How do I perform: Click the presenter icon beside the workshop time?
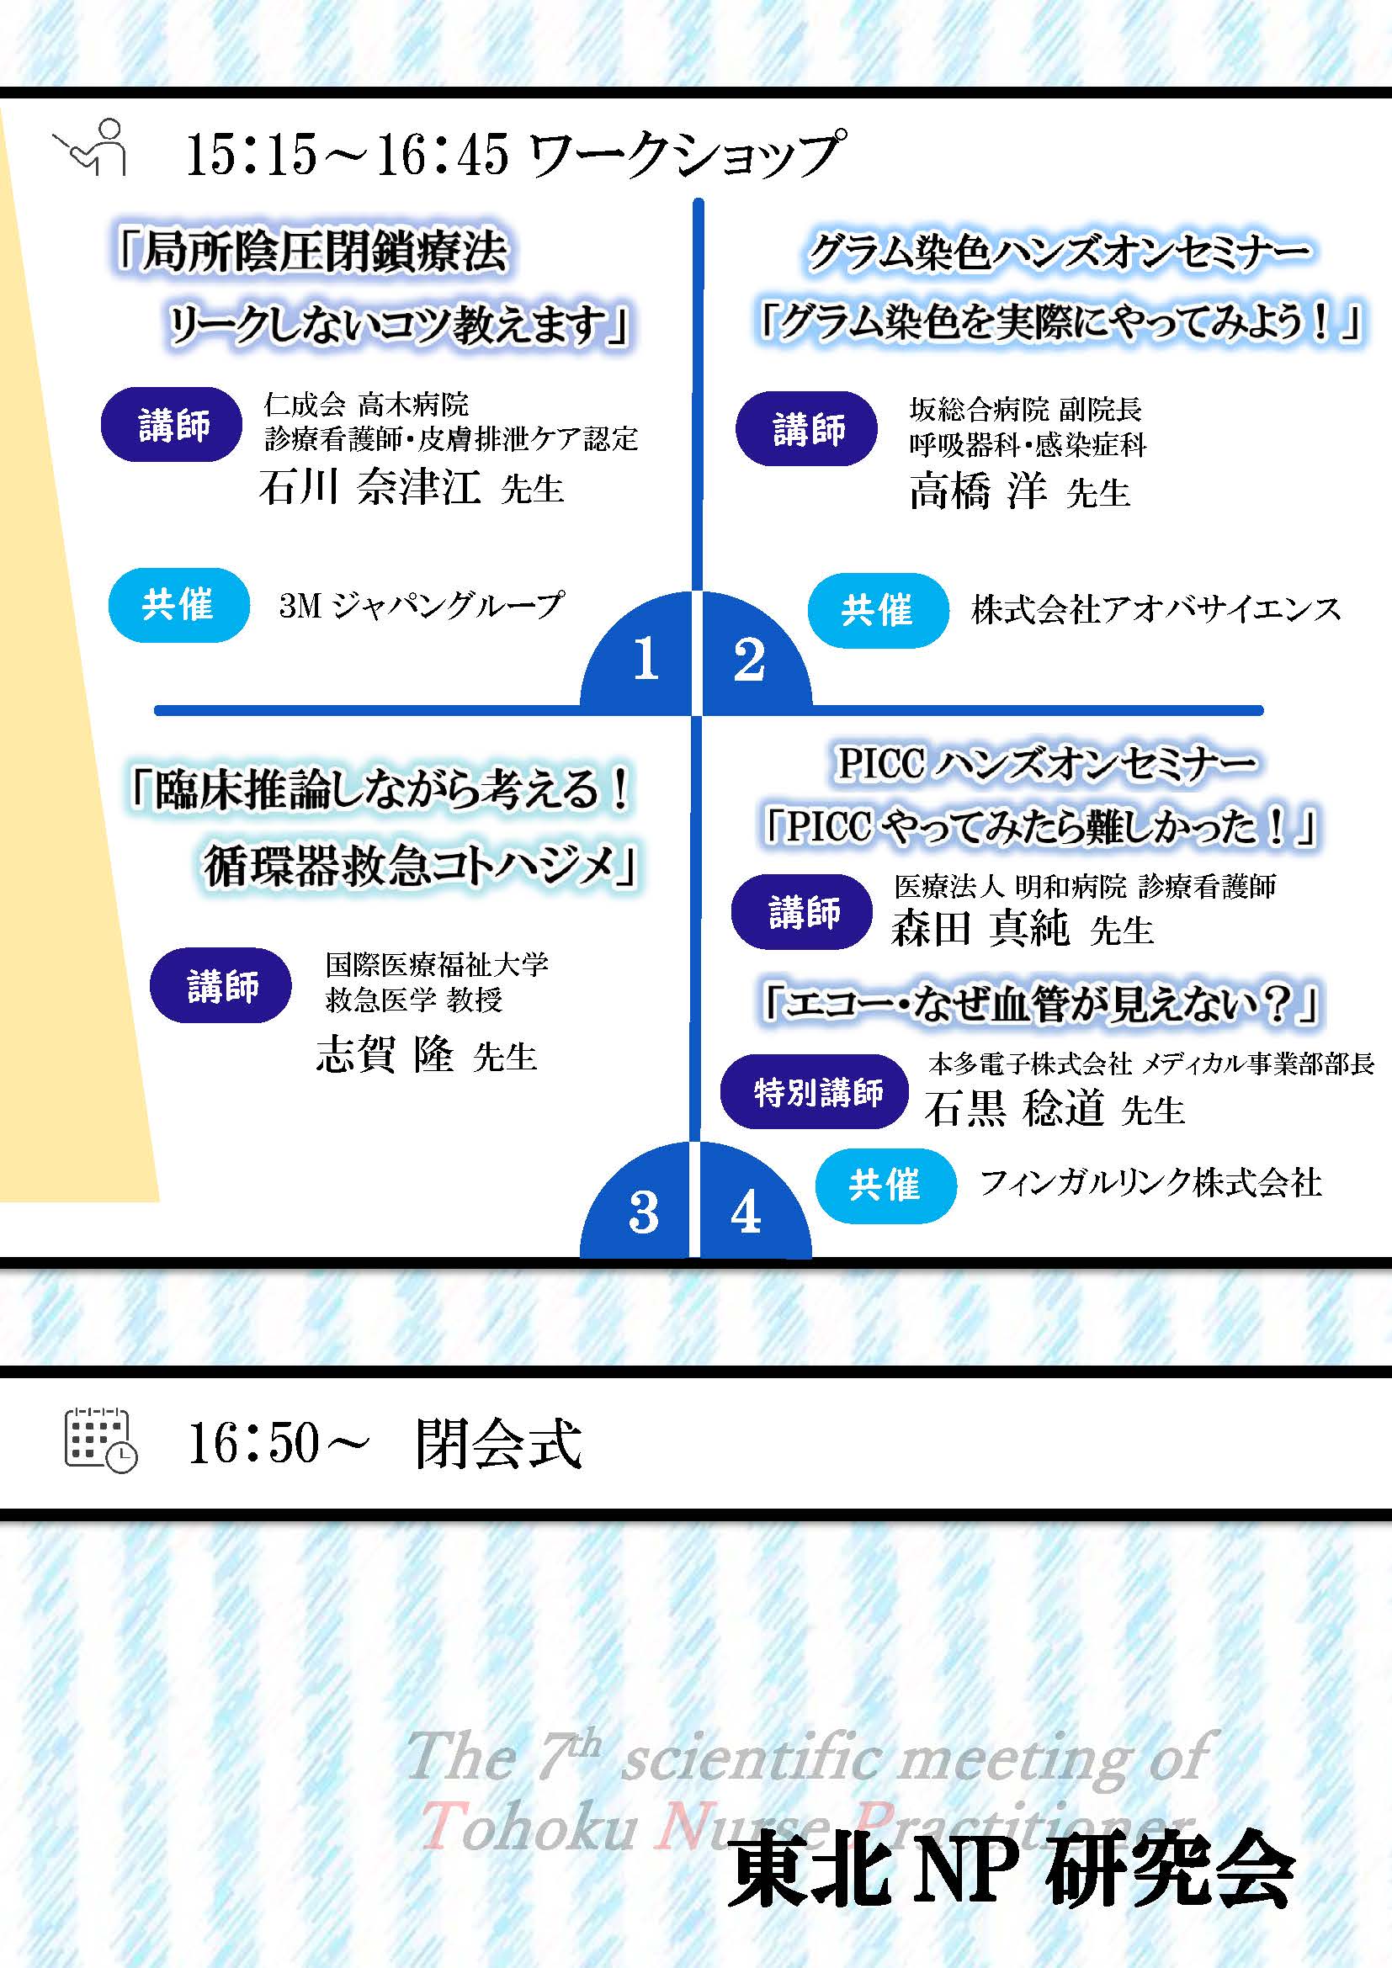coord(91,147)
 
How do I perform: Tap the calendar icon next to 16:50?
coord(100,1440)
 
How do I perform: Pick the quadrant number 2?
coord(749,659)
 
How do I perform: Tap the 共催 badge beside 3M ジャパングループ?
coord(178,604)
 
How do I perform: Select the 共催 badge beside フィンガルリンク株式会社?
coord(885,1185)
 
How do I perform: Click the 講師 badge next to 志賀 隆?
coord(220,985)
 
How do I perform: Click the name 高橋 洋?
coord(978,491)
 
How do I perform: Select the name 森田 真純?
coord(980,928)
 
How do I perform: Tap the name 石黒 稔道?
coord(1014,1108)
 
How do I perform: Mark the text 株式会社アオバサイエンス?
coord(1156,609)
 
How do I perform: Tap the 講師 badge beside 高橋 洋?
coord(806,428)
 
